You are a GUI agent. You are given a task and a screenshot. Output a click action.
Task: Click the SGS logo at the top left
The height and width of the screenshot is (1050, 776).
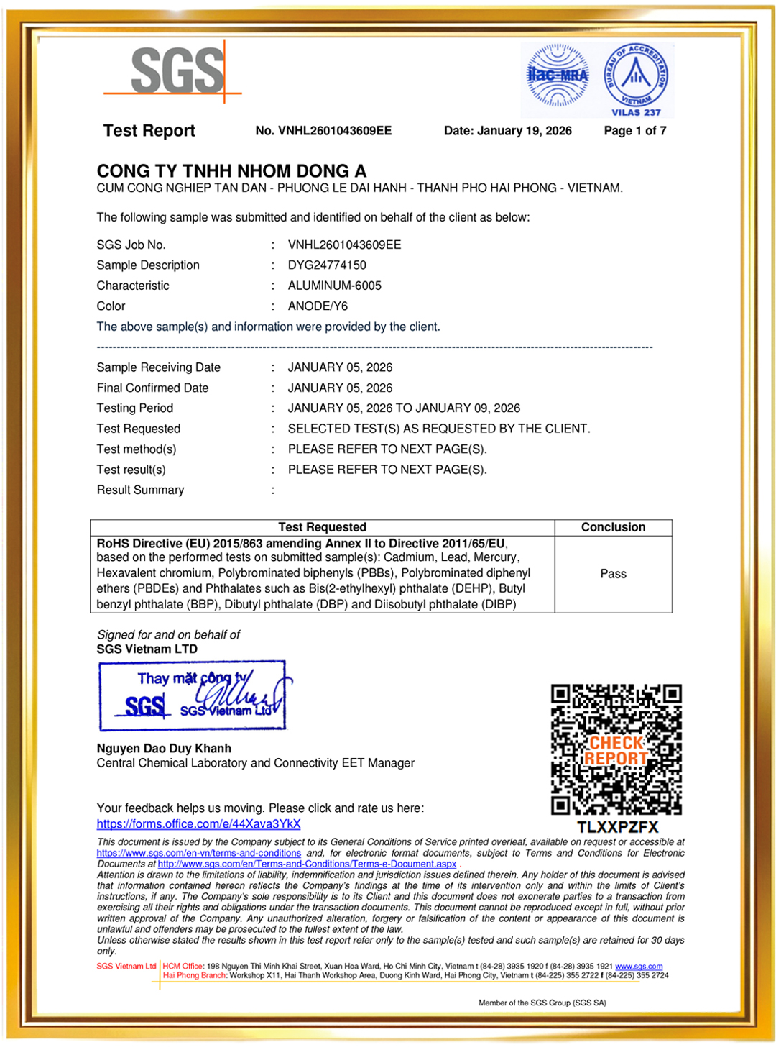point(176,71)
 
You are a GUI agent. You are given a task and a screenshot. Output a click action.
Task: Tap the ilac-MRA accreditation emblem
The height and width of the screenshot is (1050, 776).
point(558,76)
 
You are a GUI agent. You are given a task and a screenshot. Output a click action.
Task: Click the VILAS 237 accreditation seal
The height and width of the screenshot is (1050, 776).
point(636,79)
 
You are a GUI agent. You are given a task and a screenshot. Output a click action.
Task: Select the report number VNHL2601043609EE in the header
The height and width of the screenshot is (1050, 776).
point(323,131)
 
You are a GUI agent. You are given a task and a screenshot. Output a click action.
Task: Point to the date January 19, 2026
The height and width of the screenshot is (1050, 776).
point(508,131)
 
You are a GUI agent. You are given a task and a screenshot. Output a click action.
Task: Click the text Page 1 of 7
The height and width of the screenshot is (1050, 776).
point(635,131)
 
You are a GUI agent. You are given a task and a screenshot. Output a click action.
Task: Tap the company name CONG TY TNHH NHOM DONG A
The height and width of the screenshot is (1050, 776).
point(231,171)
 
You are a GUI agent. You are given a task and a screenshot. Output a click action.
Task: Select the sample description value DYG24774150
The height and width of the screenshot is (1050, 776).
point(327,265)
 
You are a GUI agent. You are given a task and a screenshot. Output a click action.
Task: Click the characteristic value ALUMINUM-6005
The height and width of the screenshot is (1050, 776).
point(335,286)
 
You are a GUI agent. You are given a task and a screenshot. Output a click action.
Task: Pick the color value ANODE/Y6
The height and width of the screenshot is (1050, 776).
point(318,306)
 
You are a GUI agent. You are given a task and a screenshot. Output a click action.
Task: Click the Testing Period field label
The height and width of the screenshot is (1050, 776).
point(135,408)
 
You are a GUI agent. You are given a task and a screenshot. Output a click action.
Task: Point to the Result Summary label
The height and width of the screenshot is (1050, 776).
point(140,490)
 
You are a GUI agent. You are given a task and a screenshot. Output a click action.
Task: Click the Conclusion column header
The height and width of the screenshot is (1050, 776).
point(613,527)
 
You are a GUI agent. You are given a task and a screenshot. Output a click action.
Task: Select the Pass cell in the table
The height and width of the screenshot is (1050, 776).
point(613,574)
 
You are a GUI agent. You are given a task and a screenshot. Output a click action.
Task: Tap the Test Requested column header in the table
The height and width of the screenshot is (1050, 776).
point(322,527)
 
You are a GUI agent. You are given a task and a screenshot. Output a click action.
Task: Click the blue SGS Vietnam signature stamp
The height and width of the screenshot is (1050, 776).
point(193,695)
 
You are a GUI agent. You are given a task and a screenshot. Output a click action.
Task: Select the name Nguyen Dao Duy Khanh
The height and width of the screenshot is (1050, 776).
point(164,749)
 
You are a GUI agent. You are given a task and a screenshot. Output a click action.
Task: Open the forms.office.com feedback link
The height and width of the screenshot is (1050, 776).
point(198,824)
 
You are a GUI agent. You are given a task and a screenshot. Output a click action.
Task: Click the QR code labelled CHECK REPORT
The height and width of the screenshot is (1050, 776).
point(616,750)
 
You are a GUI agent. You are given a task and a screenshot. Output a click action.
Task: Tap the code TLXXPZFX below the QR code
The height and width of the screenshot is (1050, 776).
point(617,827)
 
